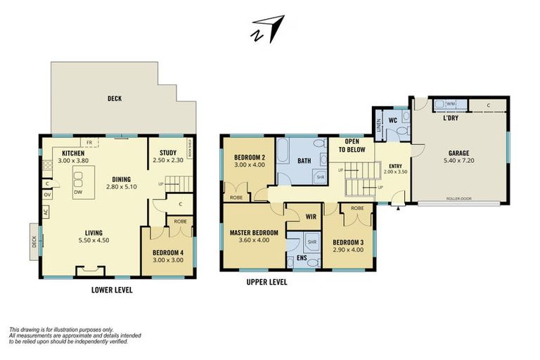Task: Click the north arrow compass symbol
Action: pos(268,29)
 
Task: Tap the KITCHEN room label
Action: pos(74,153)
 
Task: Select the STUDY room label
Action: pos(168,153)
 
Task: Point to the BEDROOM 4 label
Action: pos(167,252)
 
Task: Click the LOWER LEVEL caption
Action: pos(112,289)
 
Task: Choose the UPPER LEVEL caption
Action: pos(267,283)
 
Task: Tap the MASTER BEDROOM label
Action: pos(254,232)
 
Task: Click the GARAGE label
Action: pos(459,153)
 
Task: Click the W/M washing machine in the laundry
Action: pos(450,104)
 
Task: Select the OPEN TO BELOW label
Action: pos(352,146)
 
